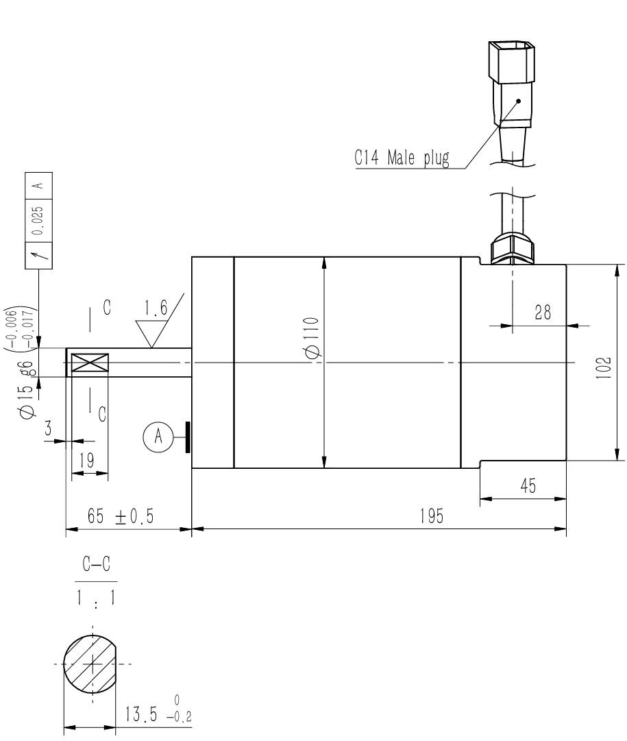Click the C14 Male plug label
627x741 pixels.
point(402,158)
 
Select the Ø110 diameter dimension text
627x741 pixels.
point(312,338)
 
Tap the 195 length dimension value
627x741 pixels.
point(432,516)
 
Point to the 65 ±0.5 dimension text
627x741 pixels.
point(121,516)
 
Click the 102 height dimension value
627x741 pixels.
point(604,367)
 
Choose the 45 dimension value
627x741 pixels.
point(528,486)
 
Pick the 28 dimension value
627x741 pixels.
point(543,313)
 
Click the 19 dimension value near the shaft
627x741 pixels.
point(86,460)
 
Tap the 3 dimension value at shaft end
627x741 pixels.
point(48,428)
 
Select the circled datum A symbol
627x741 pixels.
point(158,436)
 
